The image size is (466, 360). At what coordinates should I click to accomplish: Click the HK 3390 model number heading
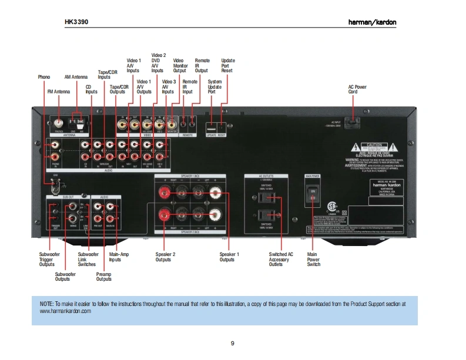[x=76, y=22]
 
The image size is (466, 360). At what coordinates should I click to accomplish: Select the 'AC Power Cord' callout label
[x=357, y=89]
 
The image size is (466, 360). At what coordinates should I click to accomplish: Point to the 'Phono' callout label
[x=44, y=77]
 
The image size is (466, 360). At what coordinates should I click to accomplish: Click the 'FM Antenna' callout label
[x=58, y=92]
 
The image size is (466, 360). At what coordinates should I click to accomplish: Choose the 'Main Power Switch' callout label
[x=314, y=260]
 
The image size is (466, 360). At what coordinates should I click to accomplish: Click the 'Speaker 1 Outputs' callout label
[x=229, y=257]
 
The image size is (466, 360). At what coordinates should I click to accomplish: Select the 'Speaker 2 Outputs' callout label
[x=166, y=257]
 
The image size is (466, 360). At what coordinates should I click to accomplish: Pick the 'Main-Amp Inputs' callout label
[x=119, y=257]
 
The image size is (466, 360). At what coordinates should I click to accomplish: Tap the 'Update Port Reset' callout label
[x=228, y=65]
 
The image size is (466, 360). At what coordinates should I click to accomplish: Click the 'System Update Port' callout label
[x=215, y=87]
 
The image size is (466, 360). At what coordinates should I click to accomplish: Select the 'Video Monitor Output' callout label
[x=179, y=65]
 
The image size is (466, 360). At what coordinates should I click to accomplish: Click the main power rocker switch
[x=313, y=195]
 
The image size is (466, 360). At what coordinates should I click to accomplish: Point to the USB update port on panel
[x=211, y=126]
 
